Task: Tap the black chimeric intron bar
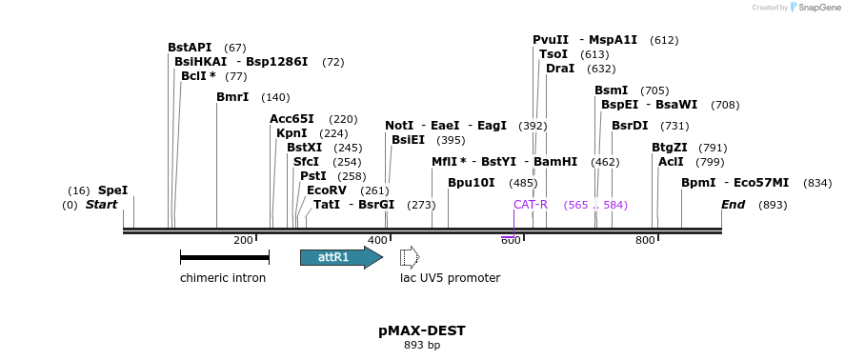pyautogui.click(x=224, y=257)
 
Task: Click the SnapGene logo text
pyautogui.click(x=815, y=8)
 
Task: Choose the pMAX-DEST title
pyautogui.click(x=422, y=330)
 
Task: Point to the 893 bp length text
pyautogui.click(x=422, y=346)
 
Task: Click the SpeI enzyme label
pyautogui.click(x=112, y=190)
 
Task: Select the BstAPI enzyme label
pyautogui.click(x=190, y=48)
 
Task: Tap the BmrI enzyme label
pyautogui.click(x=232, y=97)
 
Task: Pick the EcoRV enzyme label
pyautogui.click(x=327, y=190)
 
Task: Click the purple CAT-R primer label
pyautogui.click(x=531, y=205)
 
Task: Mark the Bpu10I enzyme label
pyautogui.click(x=472, y=183)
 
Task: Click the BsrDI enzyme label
pyautogui.click(x=630, y=126)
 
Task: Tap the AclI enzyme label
pyautogui.click(x=671, y=162)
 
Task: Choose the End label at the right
pyautogui.click(x=733, y=205)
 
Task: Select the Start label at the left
pyautogui.click(x=102, y=205)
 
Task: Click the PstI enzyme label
pyautogui.click(x=313, y=176)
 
